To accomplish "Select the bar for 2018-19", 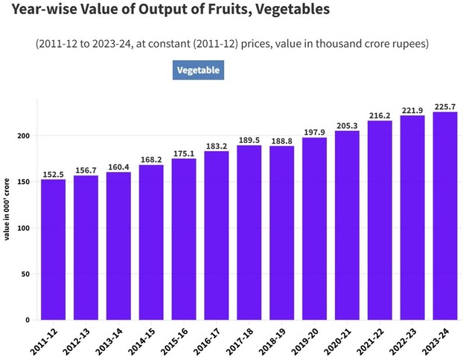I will pyautogui.click(x=281, y=233).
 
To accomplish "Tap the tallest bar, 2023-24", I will pyautogui.click(x=445, y=216).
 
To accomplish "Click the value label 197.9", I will pyautogui.click(x=314, y=132).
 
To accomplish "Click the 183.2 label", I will pyautogui.click(x=217, y=146).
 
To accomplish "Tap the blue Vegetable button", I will pyautogui.click(x=198, y=70).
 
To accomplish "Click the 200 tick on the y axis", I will pyautogui.click(x=24, y=136).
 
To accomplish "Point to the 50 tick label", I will pyautogui.click(x=26, y=274).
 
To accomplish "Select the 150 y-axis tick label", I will pyautogui.click(x=24, y=182).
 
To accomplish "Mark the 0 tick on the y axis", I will pyautogui.click(x=28, y=320).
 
